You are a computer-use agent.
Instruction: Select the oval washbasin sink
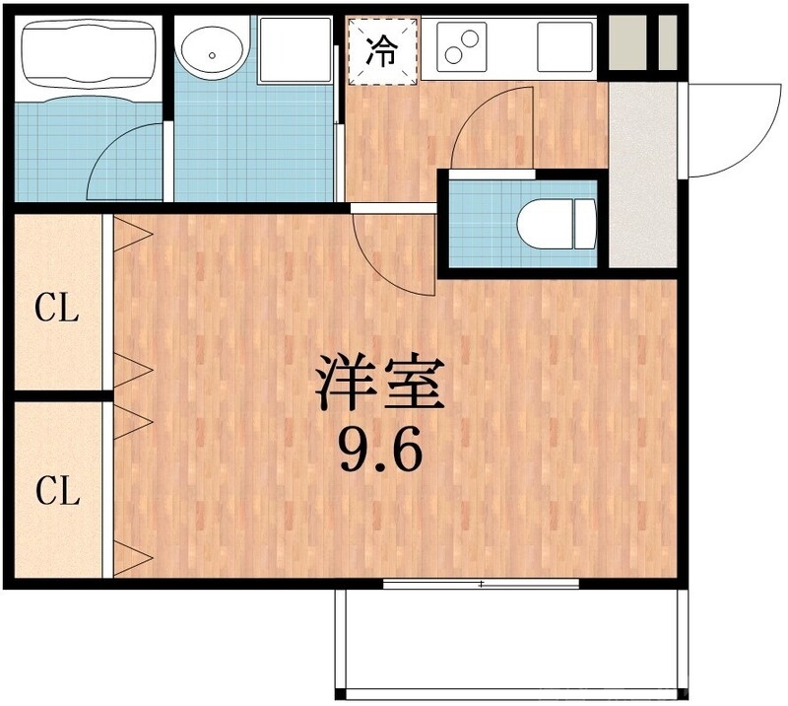point(212,50)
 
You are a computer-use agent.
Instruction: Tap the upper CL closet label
point(57,310)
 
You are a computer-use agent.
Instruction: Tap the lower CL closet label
point(57,490)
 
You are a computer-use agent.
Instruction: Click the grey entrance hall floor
point(642,177)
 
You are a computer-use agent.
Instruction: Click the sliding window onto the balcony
point(481,585)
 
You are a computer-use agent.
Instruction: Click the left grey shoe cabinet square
point(626,41)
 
